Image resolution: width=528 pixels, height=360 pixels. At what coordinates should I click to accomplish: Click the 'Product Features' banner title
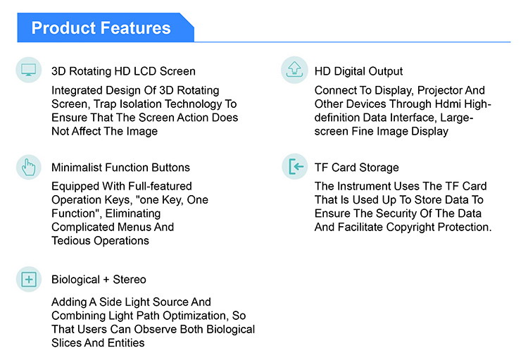pos(101,27)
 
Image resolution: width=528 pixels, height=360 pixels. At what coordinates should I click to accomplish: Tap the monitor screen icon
pos(29,70)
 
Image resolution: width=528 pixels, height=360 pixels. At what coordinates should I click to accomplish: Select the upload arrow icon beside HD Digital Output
pos(294,70)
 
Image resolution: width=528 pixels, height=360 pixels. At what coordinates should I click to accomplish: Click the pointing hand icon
pos(29,167)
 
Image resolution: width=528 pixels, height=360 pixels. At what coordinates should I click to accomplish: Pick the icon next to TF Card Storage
pos(295,166)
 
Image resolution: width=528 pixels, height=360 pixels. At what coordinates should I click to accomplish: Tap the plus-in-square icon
pos(29,280)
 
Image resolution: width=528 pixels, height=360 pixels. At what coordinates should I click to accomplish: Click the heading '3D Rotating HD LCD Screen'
pos(123,71)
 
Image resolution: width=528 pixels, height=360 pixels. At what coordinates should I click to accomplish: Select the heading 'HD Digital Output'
pos(358,71)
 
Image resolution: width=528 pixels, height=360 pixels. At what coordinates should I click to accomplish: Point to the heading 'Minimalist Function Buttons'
pos(120,168)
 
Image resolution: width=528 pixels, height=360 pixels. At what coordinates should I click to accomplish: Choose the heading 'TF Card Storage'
pos(357,168)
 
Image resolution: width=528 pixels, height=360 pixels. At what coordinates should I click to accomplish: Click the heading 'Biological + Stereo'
pos(99,280)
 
